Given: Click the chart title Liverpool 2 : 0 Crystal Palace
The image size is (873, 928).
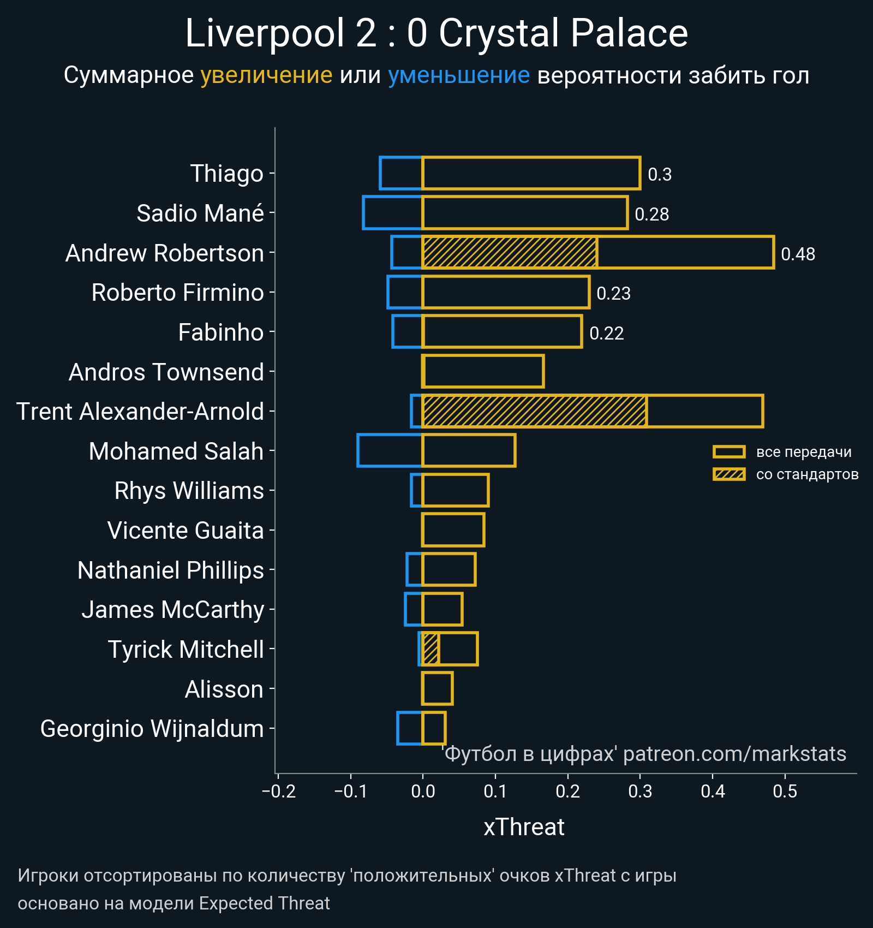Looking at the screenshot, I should (436, 34).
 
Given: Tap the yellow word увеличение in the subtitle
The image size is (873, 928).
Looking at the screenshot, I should (266, 75).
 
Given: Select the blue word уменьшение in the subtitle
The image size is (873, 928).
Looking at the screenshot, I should (458, 75).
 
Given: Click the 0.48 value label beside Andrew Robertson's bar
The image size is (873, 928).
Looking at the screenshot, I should (798, 254).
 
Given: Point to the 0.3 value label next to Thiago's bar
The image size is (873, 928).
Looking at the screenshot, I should (659, 175).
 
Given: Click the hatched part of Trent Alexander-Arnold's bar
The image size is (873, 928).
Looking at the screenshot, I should (535, 411).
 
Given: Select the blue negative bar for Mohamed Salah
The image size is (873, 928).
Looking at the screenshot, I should (390, 450).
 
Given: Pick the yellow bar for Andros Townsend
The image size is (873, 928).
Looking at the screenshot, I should (483, 371).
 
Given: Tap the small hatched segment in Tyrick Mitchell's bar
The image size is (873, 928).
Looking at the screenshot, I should (430, 649).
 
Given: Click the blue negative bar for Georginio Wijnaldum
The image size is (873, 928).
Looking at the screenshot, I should (410, 728).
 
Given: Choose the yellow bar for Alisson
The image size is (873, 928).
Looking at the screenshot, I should (437, 688).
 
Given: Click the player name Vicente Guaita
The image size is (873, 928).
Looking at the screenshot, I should (186, 531).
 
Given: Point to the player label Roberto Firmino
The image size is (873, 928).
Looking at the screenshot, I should (177, 293).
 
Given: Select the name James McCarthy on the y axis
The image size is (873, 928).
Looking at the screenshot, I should (172, 610).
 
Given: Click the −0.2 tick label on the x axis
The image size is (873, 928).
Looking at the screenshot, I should (278, 791).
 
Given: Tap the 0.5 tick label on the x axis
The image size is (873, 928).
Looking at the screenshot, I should (785, 791).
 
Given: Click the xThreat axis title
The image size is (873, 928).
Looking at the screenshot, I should (524, 827).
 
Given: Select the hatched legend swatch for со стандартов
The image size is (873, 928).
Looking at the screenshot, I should (729, 474).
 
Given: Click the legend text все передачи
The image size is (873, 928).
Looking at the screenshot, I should (803, 452).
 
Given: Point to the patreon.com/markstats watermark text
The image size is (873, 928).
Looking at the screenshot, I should (734, 754).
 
